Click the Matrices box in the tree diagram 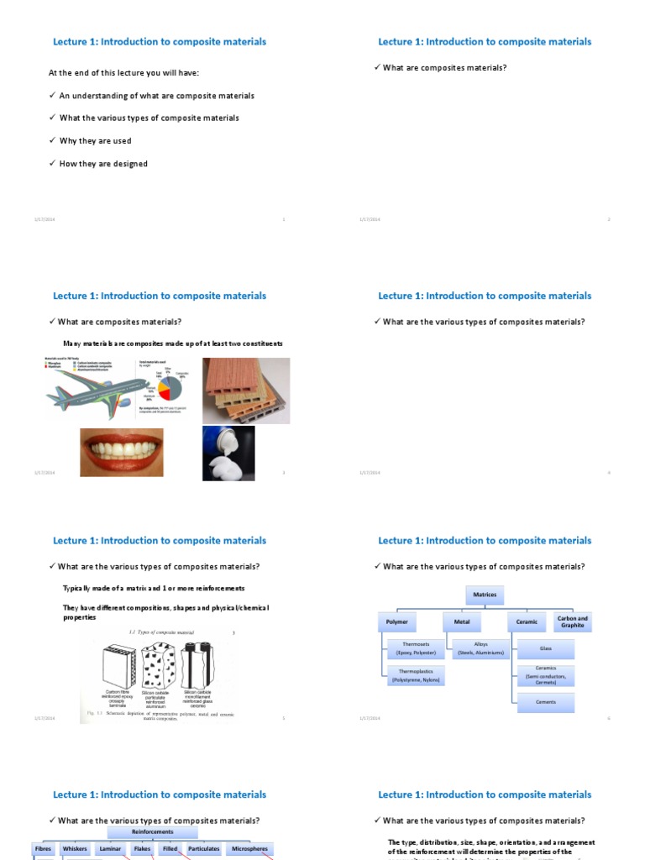point(485,595)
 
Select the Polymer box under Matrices point(396,622)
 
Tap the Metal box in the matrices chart point(462,622)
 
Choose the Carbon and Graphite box point(573,621)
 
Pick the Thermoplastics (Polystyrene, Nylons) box point(415,676)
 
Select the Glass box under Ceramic point(546,648)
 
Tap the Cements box point(546,702)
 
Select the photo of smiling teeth point(122,452)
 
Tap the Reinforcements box point(153,832)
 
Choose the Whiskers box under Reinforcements point(75,849)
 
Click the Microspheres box point(249,849)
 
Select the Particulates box point(203,849)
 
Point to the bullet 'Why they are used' point(95,141)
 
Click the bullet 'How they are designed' point(103,164)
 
